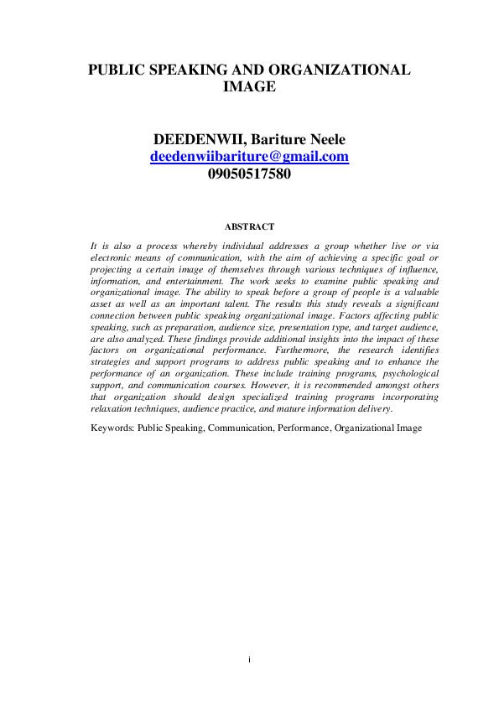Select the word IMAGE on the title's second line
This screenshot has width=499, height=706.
point(250,87)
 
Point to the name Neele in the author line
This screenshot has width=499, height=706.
point(325,139)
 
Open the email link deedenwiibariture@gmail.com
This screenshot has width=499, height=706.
point(249,157)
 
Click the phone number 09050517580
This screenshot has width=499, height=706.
point(249,174)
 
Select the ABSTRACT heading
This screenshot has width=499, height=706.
point(250,226)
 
